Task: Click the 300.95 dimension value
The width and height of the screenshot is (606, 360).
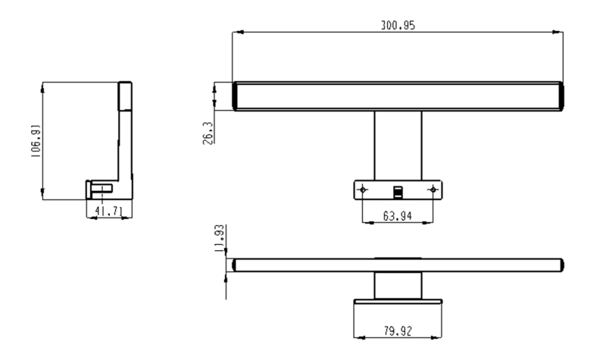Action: tap(398, 26)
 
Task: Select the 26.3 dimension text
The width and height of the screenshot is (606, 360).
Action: tap(208, 133)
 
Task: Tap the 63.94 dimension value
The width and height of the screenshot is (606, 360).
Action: tap(397, 216)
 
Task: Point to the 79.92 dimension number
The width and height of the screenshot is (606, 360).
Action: tap(398, 331)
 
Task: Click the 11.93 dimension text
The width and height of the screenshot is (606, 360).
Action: tap(219, 239)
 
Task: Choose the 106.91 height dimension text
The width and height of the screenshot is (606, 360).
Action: tap(36, 141)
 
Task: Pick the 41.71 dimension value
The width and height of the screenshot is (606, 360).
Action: tap(108, 211)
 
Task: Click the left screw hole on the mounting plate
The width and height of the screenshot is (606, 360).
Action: tap(363, 189)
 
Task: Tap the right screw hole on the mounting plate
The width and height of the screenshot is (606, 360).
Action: tap(433, 189)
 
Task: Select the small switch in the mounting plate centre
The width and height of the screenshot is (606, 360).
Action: tap(398, 193)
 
